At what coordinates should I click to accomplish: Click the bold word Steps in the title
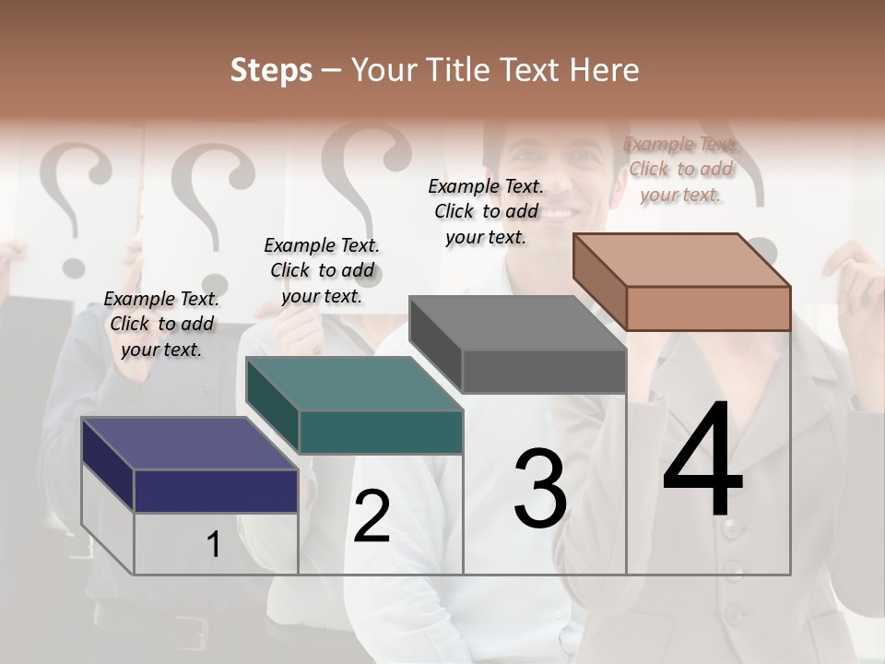tap(271, 70)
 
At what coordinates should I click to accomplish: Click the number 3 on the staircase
tap(540, 488)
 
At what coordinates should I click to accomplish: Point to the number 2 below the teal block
tap(372, 516)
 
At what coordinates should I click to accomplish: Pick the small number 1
tap(214, 544)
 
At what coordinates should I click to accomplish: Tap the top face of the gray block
tap(517, 323)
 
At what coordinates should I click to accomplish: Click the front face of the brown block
tap(708, 308)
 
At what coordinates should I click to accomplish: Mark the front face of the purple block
tap(216, 491)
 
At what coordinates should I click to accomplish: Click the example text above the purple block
tap(161, 324)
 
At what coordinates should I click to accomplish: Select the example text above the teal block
tap(322, 270)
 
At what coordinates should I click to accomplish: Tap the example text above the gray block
tap(486, 211)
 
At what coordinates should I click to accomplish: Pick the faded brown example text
tap(680, 169)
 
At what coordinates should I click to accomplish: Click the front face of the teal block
tap(381, 432)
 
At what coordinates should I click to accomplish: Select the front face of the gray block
tap(544, 372)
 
